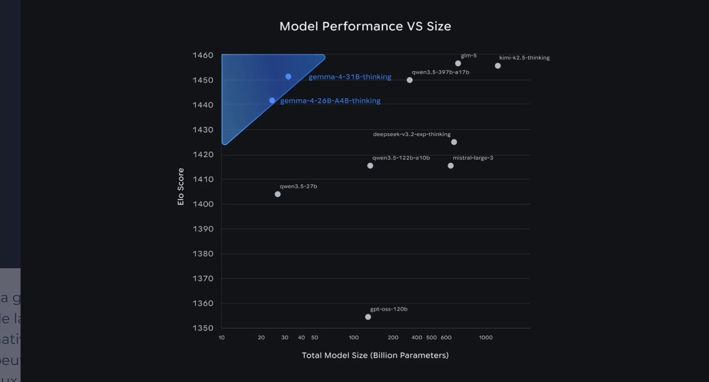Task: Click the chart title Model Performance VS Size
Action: [365, 26]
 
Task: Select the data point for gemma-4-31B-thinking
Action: [289, 77]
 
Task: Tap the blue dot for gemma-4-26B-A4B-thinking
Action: [272, 100]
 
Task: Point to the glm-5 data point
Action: [458, 63]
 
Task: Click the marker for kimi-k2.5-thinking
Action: [498, 66]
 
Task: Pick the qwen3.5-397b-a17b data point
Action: [410, 80]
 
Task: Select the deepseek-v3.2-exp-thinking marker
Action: [454, 142]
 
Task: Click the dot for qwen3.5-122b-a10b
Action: [370, 166]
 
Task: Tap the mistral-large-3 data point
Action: [451, 166]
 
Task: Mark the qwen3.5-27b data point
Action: [278, 194]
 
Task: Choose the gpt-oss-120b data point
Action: [368, 317]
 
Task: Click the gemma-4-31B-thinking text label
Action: [350, 77]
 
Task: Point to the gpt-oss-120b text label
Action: [389, 309]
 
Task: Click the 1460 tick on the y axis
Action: [203, 55]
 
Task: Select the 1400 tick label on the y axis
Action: [203, 204]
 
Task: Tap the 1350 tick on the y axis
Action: [203, 328]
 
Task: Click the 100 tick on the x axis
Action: [353, 338]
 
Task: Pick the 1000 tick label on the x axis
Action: [486, 338]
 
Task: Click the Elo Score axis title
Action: [181, 186]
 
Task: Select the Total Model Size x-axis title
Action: [375, 355]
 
